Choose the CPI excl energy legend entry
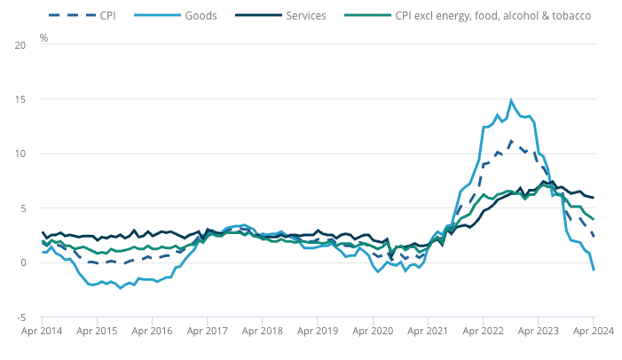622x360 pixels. (493, 16)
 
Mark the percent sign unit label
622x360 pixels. (43, 38)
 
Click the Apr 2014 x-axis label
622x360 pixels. (42, 332)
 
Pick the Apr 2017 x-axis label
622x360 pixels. (207, 332)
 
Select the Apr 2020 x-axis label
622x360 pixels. (373, 332)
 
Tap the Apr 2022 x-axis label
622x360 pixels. (483, 332)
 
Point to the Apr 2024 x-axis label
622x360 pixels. (592, 332)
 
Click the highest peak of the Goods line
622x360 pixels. (511, 100)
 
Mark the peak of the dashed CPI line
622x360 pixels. (511, 140)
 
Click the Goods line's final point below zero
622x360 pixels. (594, 270)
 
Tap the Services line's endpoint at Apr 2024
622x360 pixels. (594, 197)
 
